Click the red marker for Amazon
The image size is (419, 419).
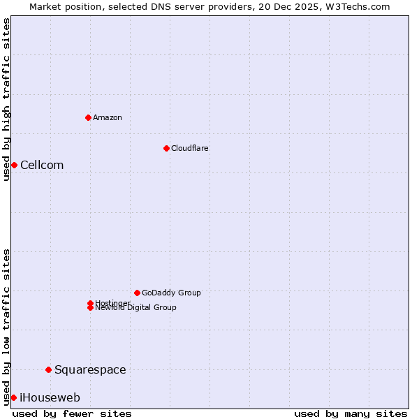tap(88, 117)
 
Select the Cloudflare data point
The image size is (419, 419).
tap(166, 148)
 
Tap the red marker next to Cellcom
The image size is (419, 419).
tap(14, 165)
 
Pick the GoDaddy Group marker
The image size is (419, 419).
tap(137, 293)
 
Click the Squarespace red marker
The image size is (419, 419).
tap(48, 369)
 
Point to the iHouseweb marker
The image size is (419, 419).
tap(13, 397)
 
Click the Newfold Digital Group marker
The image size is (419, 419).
tap(90, 308)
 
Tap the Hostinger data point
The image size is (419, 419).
tap(90, 303)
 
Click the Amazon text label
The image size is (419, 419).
tap(108, 117)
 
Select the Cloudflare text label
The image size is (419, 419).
tap(189, 148)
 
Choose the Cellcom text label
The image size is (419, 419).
tap(42, 165)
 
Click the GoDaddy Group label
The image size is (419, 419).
tap(171, 293)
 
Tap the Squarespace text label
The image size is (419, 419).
tap(90, 369)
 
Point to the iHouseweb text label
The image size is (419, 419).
tap(50, 397)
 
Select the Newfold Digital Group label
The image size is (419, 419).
tap(136, 308)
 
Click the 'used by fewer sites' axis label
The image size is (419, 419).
tap(72, 413)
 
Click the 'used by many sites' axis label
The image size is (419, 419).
tap(351, 413)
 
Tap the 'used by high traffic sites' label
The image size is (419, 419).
tap(6, 99)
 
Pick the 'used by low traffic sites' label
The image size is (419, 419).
tap(6, 327)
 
